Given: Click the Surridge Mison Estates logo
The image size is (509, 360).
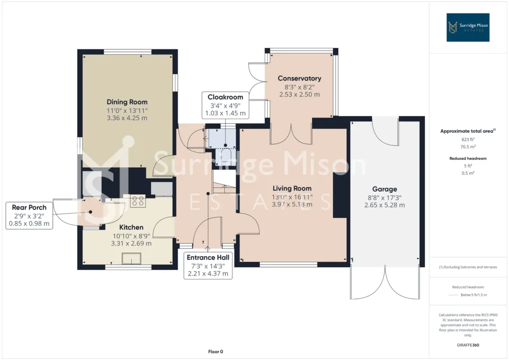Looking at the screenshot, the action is coord(468,27).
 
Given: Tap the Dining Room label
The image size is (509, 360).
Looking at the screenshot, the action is coord(127,102).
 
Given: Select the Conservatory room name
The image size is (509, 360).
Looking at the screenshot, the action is coord(299,78).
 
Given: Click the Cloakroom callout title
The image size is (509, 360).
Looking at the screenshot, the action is coord(225,97).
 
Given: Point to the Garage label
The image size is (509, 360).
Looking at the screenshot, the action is coord(384,189).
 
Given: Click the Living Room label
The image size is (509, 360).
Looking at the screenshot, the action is coord(292,189).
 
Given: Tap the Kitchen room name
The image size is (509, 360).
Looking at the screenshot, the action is coord(131,227).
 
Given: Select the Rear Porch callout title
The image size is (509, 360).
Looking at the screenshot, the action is coord(29,207).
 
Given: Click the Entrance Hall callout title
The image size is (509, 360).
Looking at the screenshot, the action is coord(208,257).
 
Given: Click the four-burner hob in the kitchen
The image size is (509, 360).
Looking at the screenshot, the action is coord(138,201).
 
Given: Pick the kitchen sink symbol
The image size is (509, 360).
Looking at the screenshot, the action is coord(131,259).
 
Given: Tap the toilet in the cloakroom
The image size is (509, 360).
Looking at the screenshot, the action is coord(225,155).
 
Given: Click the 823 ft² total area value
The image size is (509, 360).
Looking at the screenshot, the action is coord(468,139).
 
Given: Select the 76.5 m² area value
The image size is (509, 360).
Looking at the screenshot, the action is coord(468,147).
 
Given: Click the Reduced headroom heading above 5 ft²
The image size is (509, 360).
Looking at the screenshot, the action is coord(468,158).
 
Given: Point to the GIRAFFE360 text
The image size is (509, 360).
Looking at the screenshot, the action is coord(468,345).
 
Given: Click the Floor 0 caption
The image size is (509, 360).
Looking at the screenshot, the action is coord(215,351).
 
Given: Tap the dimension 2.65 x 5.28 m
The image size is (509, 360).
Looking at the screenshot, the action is coord(384,205).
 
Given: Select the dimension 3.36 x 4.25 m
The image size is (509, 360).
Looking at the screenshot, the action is coord(127,118).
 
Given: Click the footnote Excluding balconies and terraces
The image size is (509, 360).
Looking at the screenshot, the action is coord(468,267).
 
